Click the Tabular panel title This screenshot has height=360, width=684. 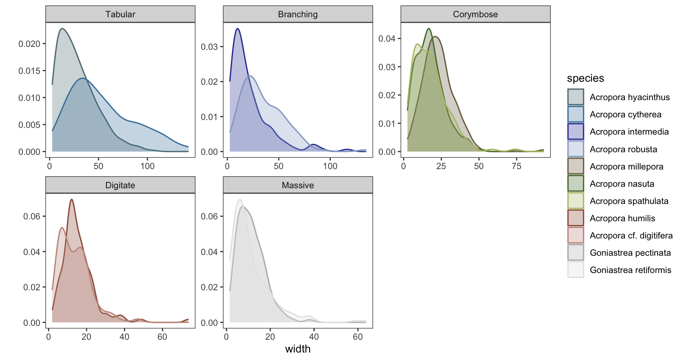[x=120, y=14]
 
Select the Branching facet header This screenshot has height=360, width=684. [x=298, y=14]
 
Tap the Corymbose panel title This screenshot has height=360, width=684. [x=475, y=14]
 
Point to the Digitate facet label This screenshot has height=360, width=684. [x=120, y=185]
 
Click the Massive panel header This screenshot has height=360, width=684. [x=298, y=185]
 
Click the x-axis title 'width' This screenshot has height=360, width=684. [x=298, y=349]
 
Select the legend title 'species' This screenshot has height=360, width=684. [x=585, y=78]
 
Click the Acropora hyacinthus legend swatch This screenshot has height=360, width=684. [x=576, y=97]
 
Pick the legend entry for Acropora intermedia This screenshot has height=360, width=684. [x=629, y=132]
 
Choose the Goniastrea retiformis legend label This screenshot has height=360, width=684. [x=630, y=270]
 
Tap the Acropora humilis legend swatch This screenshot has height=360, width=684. [x=576, y=218]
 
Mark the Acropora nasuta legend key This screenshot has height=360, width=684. [x=576, y=184]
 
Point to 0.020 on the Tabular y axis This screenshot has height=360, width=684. [x=29, y=44]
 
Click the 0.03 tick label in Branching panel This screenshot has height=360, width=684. [x=209, y=47]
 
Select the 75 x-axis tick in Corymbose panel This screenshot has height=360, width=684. [x=516, y=166]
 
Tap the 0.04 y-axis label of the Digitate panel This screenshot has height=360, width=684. [x=31, y=252]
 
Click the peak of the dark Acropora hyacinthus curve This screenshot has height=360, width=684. [x=62, y=28]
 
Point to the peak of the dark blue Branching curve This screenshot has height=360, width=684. [x=237, y=28]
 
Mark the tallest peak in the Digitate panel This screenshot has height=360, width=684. [x=71, y=199]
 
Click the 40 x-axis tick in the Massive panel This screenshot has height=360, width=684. [x=314, y=337]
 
